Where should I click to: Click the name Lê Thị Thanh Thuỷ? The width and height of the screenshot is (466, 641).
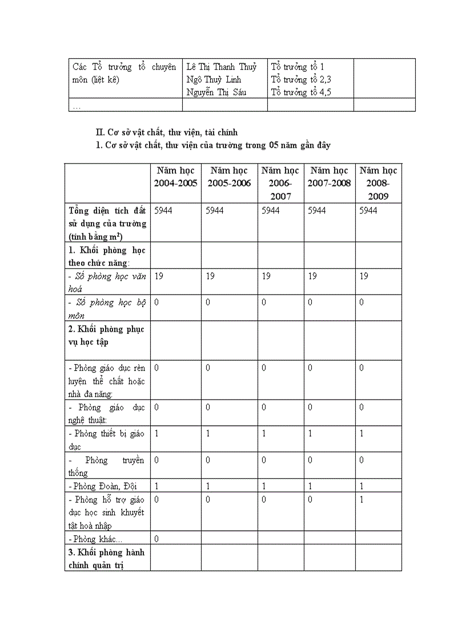pyautogui.click(x=222, y=67)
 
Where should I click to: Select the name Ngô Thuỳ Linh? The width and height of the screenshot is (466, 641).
pyautogui.click(x=214, y=79)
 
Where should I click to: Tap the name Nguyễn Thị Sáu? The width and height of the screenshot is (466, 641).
pyautogui.click(x=216, y=92)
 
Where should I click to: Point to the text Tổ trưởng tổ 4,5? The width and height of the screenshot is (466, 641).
pyautogui.click(x=301, y=92)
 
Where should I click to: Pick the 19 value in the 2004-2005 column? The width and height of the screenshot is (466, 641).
pyautogui.click(x=159, y=276)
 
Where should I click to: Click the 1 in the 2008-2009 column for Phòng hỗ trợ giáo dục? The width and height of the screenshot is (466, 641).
pyautogui.click(x=362, y=499)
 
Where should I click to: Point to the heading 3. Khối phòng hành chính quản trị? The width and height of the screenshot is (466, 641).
pyautogui.click(x=106, y=559)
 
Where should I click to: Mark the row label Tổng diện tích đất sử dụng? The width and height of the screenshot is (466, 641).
pyautogui.click(x=107, y=223)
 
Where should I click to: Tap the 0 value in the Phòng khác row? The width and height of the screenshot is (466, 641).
pyautogui.click(x=156, y=539)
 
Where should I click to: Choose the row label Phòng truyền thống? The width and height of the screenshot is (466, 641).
pyautogui.click(x=106, y=466)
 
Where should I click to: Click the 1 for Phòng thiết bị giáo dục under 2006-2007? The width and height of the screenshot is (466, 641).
pyautogui.click(x=264, y=434)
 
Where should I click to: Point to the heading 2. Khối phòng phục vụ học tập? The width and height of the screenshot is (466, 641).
pyautogui.click(x=106, y=336)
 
